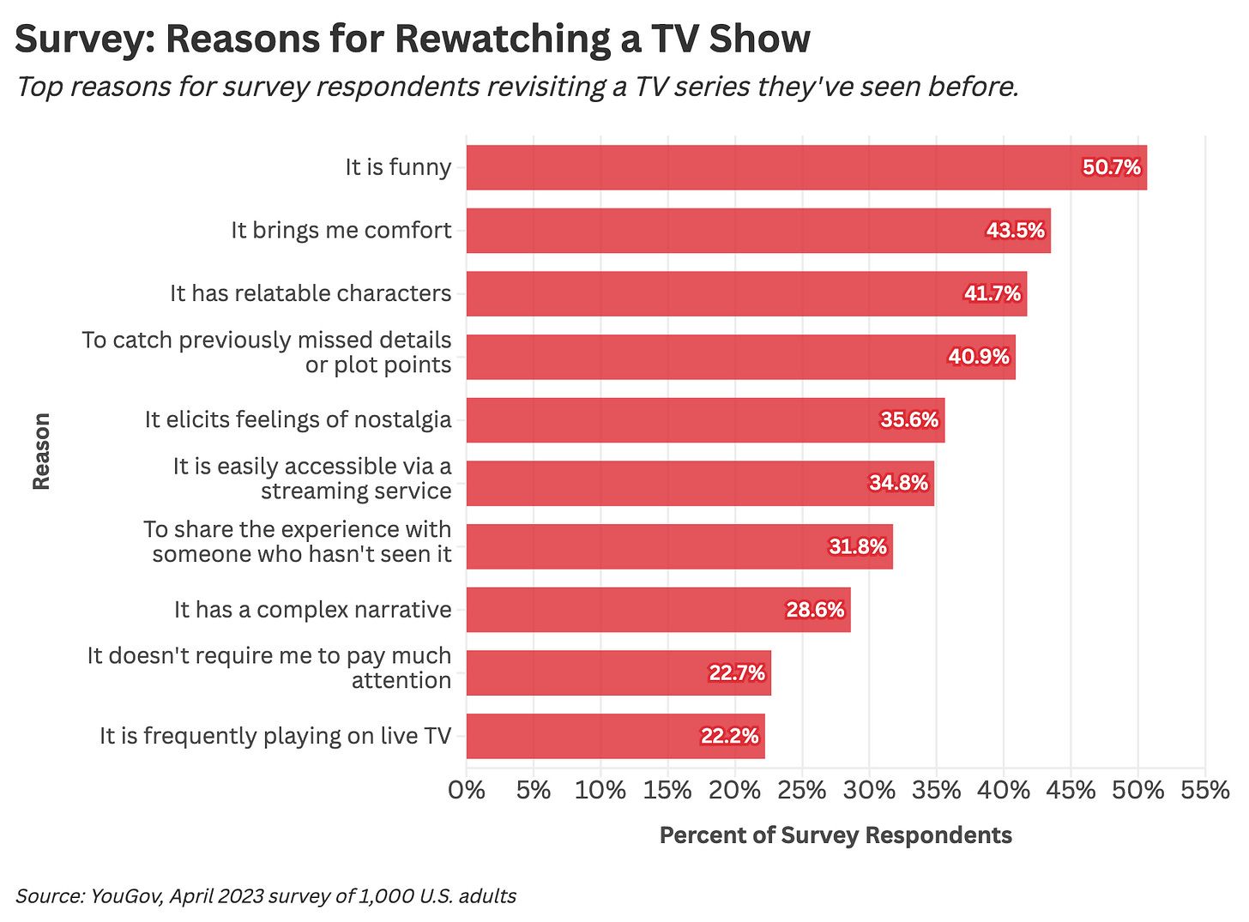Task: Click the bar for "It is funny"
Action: pos(772,167)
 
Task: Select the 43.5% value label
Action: pos(1016,231)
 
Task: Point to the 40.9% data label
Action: pos(979,357)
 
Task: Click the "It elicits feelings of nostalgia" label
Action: pos(298,419)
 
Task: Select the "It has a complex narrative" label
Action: pos(312,610)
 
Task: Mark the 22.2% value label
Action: pos(730,736)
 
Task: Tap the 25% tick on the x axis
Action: pos(802,790)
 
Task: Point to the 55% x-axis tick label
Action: pos(1205,790)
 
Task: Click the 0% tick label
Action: pos(467,790)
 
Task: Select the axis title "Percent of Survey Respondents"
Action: pos(836,835)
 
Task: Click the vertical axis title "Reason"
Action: pos(41,451)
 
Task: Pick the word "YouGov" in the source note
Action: pos(127,896)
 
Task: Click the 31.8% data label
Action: pos(858,546)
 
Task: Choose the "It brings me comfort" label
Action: pos(341,231)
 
